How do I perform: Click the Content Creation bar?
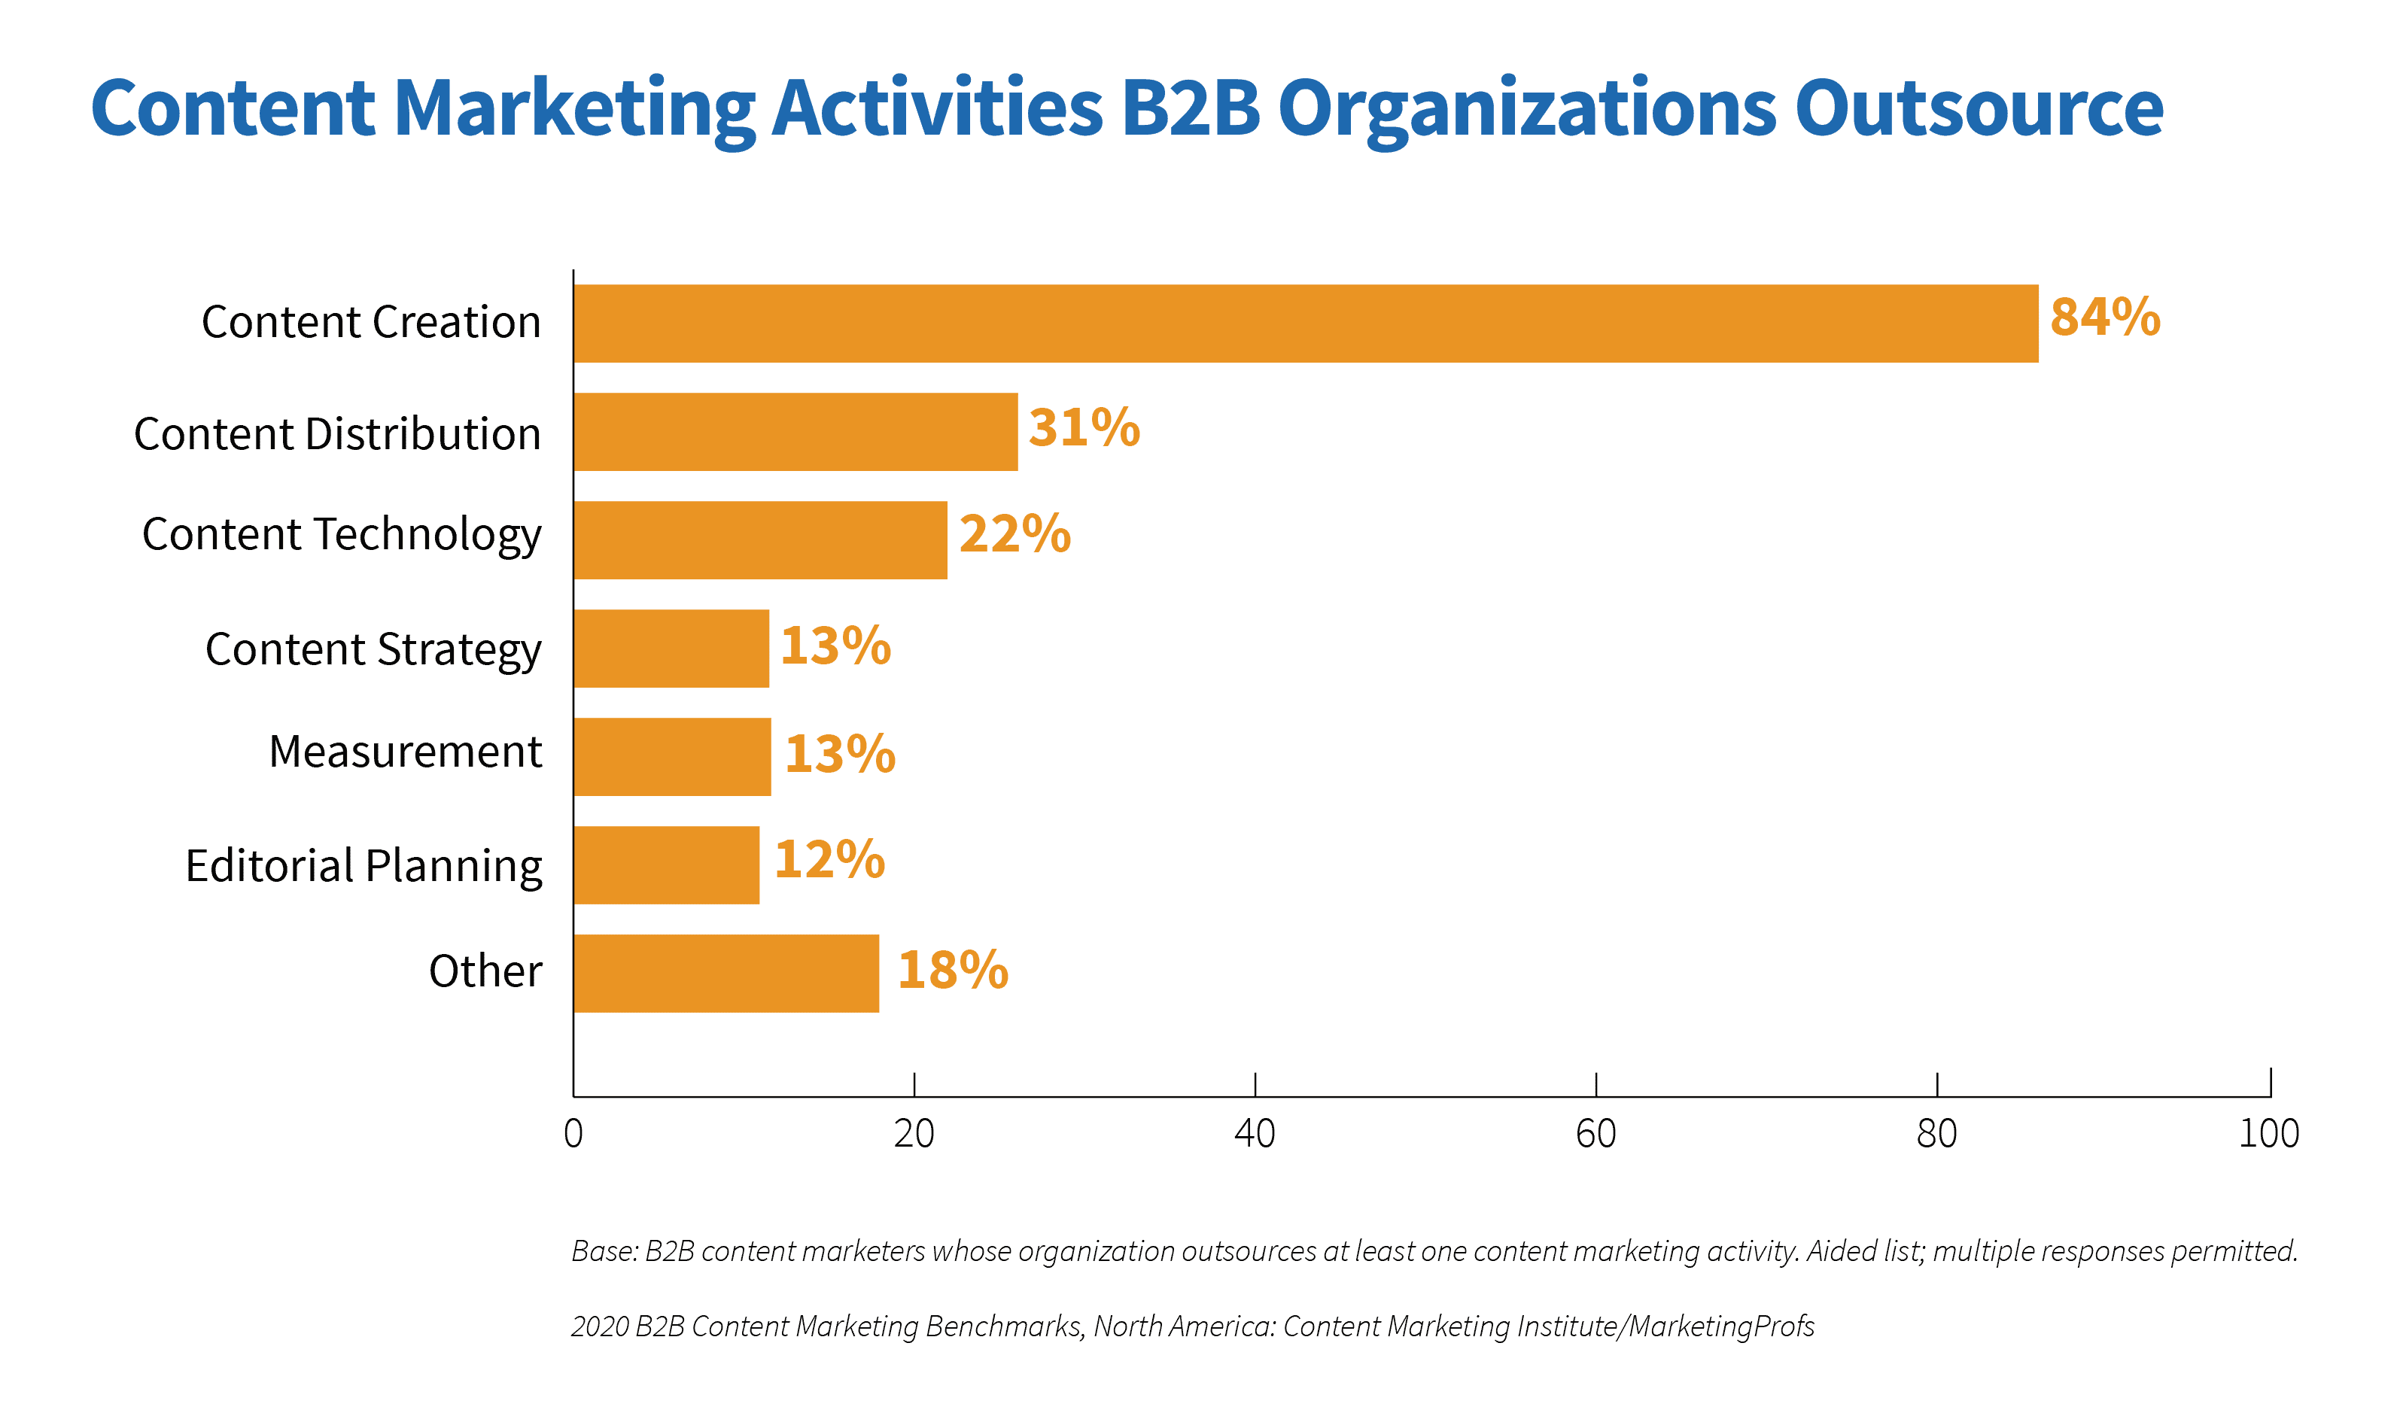(1306, 324)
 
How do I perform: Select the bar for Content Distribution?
(795, 431)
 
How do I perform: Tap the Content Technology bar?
(760, 540)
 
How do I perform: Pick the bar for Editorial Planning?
(667, 865)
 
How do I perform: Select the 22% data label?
(1014, 533)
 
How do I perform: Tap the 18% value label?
(953, 970)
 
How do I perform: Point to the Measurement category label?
(406, 752)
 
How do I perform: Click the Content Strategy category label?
(373, 650)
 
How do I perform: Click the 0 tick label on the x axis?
(573, 1134)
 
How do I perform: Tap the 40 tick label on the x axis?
(1254, 1134)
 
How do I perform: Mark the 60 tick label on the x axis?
(1595, 1134)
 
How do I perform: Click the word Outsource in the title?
(1978, 108)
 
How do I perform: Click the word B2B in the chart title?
(1191, 108)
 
